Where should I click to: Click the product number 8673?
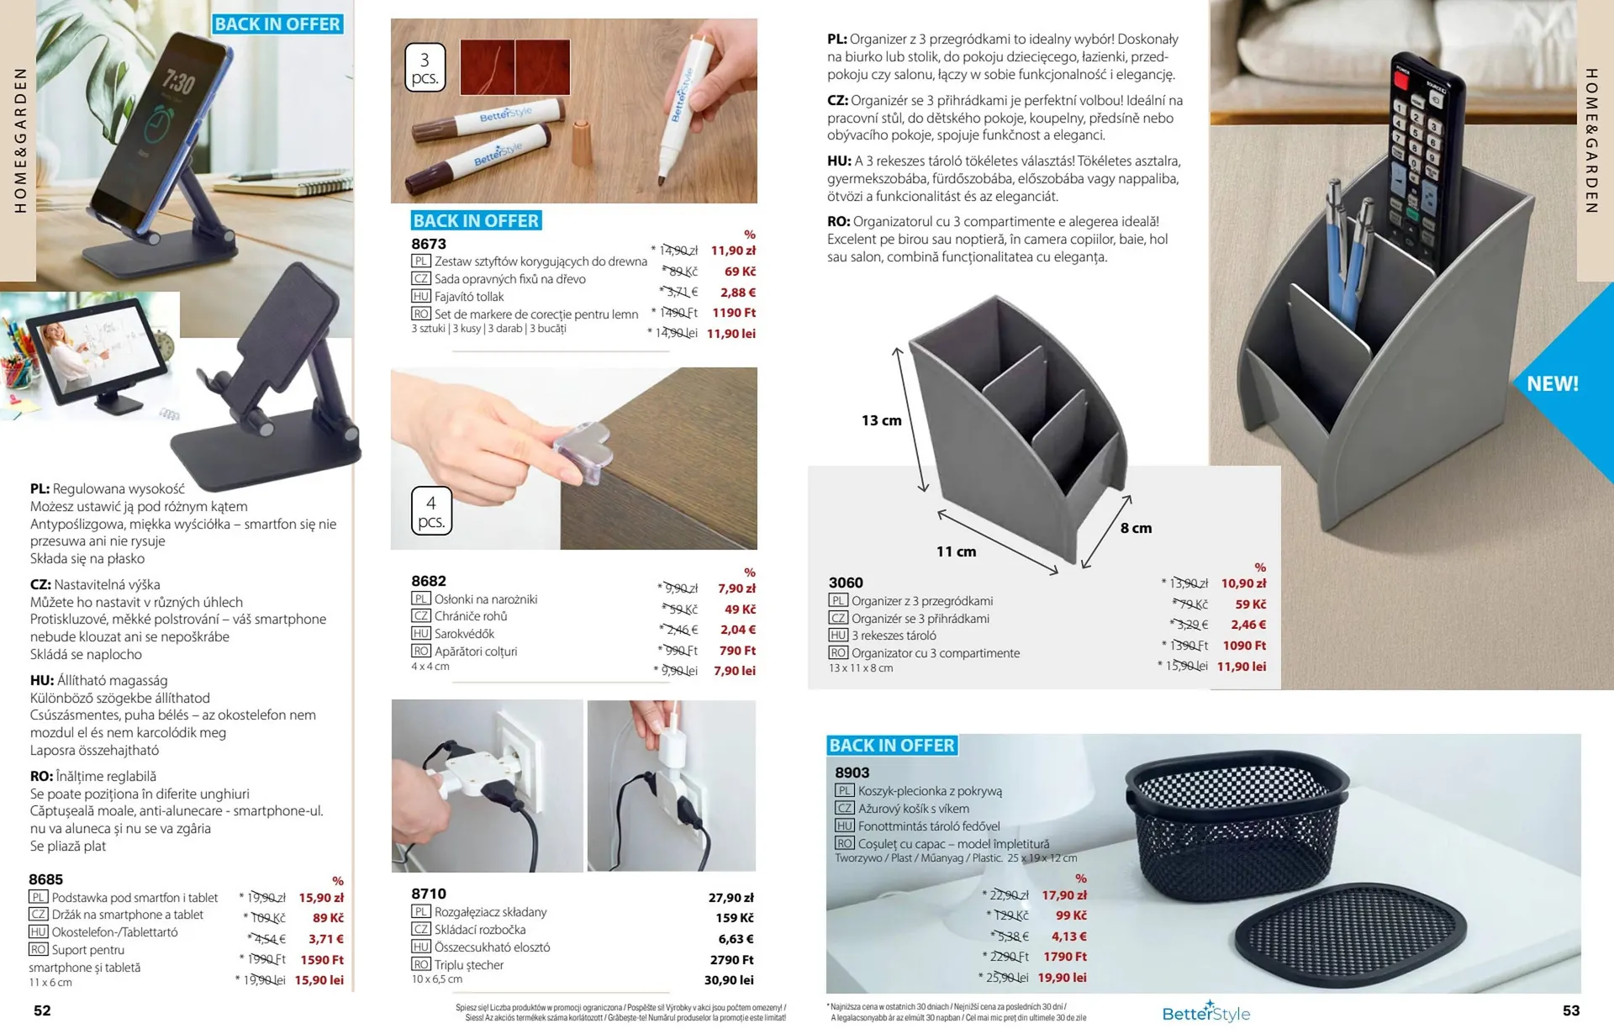429,244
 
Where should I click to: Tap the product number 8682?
429,581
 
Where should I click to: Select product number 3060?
846,583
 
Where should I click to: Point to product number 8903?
852,773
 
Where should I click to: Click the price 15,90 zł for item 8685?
321,898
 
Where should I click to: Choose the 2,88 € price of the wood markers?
738,293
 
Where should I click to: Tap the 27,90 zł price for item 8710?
731,898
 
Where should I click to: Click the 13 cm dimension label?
881,420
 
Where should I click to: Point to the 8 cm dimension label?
1136,528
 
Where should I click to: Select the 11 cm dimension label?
956,551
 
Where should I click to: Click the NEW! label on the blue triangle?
1553,384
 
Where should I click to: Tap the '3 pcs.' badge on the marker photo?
425,68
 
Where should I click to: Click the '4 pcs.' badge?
431,511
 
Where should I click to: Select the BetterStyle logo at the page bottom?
1205,1012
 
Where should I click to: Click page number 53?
1571,1010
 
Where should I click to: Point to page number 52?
42,1010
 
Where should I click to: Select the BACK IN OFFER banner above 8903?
892,745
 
